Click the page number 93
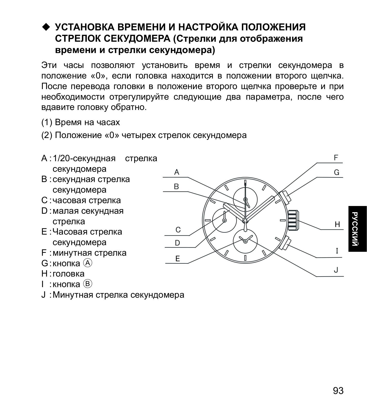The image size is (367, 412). pos(338,391)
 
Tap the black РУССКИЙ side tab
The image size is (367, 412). pos(357,229)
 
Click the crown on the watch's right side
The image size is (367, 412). pos(293,220)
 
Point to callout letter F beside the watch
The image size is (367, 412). pos(336,158)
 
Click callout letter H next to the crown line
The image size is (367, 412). pos(337,225)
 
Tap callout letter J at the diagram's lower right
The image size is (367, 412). pos(336,270)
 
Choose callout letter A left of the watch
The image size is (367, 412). pos(177,172)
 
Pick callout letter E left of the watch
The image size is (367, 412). pos(177,259)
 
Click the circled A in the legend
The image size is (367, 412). pos(88,263)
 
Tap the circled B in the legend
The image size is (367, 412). pos(88,284)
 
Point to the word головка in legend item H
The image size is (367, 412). pos(69,273)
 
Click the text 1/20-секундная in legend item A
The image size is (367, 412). pos(84,158)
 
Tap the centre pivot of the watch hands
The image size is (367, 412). pos(245,220)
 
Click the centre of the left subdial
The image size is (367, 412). pos(224,220)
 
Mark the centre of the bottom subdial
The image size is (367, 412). pos(245,241)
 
